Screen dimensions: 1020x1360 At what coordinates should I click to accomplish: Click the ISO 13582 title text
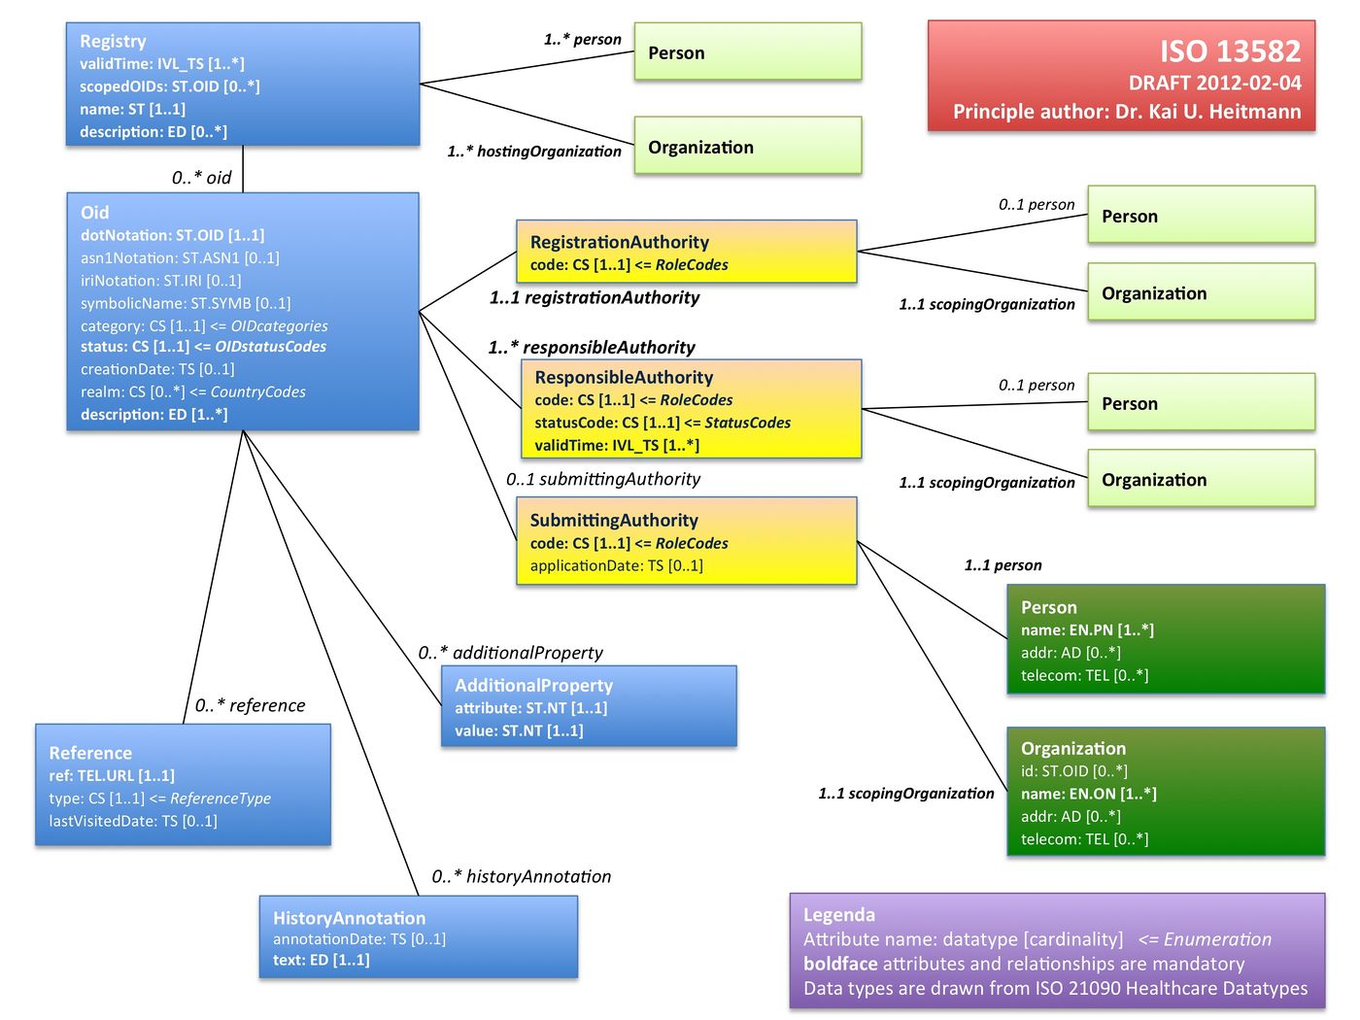click(x=1229, y=51)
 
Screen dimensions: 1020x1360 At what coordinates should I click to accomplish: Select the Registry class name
click(x=113, y=41)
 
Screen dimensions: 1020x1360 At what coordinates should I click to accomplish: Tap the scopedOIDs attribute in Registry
click(x=169, y=86)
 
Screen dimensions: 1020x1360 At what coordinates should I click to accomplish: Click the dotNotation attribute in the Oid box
click(x=172, y=235)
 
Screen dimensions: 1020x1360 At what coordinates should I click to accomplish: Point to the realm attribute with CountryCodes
click(x=192, y=391)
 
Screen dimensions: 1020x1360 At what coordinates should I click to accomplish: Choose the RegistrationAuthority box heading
click(x=619, y=242)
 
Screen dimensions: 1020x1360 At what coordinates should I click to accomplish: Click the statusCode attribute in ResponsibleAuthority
click(x=662, y=423)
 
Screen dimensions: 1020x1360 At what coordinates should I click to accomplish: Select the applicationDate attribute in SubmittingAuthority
click(x=616, y=565)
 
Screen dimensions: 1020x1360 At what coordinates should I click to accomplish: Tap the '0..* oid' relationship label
click(x=201, y=178)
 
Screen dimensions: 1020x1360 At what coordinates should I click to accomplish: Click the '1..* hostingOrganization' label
click(x=533, y=152)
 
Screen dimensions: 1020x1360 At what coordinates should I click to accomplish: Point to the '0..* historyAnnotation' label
click(x=521, y=876)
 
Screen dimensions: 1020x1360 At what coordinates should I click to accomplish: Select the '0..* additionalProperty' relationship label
click(x=510, y=653)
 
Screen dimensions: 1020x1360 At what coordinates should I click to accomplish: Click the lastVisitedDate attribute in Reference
click(x=133, y=821)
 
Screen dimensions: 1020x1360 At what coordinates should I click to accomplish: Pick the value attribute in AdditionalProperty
click(x=519, y=731)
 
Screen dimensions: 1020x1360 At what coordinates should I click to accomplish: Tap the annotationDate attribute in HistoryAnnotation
click(x=358, y=938)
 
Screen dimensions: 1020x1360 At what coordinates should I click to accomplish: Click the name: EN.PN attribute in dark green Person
click(x=1087, y=629)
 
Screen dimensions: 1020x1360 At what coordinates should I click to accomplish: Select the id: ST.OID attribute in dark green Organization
click(x=1073, y=770)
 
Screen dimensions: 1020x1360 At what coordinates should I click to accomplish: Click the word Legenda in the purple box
click(x=838, y=914)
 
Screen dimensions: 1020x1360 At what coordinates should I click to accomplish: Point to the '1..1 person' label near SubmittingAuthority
click(x=1003, y=565)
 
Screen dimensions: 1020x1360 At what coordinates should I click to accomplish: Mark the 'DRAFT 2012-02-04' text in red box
click(x=1214, y=83)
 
